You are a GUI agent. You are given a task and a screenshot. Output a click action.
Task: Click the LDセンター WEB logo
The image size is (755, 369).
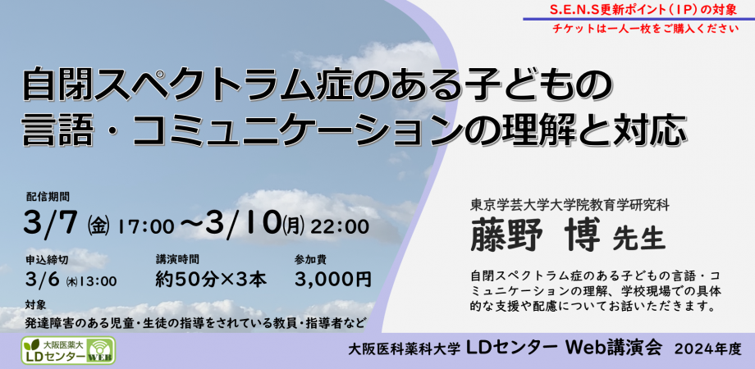[x=68, y=349]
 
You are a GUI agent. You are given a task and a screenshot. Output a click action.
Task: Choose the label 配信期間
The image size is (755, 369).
[x=48, y=197]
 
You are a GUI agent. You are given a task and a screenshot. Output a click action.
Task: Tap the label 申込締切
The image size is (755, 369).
[x=47, y=259]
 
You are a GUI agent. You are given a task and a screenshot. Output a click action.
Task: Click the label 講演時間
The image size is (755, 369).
[x=177, y=259]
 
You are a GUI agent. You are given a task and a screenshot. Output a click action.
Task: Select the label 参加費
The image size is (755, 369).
[x=311, y=259]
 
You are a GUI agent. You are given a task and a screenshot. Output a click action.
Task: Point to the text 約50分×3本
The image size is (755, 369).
[x=211, y=280]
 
